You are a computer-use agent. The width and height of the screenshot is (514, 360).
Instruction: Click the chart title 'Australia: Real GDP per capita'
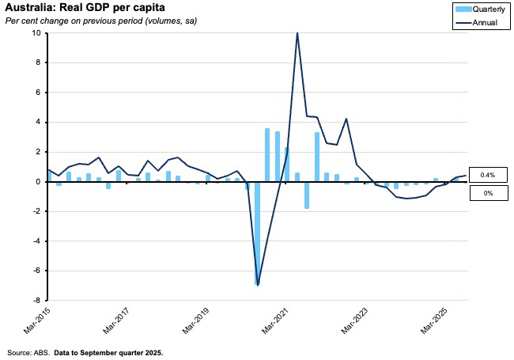pyautogui.click(x=85, y=9)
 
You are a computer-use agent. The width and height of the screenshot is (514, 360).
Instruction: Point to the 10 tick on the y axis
pyautogui.click(x=36, y=33)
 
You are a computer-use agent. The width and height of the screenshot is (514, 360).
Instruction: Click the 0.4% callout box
pyautogui.click(x=488, y=175)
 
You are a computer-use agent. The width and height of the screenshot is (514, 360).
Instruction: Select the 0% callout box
pyautogui.click(x=488, y=192)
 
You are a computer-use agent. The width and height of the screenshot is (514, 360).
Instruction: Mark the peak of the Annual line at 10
pyautogui.click(x=297, y=33)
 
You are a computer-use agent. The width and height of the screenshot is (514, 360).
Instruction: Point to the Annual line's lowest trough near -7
pyautogui.click(x=258, y=284)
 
